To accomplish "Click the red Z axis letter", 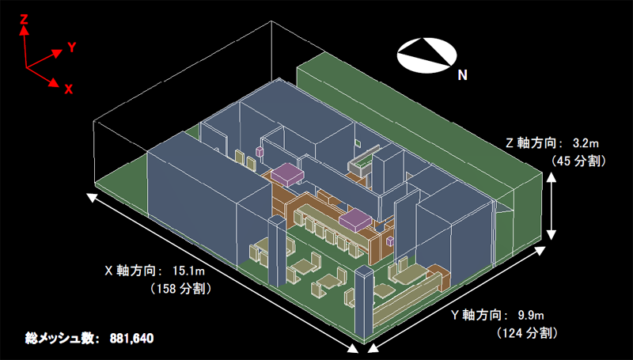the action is click(x=24, y=19).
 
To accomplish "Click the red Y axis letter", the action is click(x=72, y=47).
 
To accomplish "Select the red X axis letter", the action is click(x=69, y=89).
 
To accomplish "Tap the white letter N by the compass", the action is click(x=463, y=74).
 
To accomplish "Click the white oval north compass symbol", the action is click(x=426, y=55).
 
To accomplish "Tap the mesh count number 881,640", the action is click(x=131, y=338).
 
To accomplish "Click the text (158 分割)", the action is click(x=181, y=289).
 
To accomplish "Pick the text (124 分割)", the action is click(x=528, y=333).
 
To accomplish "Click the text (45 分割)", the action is click(x=578, y=161).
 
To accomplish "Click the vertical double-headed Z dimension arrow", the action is click(x=551, y=206).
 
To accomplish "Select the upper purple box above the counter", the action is click(x=287, y=174).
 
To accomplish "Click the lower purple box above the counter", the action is click(x=354, y=220).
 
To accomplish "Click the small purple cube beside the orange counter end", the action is click(x=390, y=241).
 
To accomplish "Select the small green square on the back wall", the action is click(x=358, y=142).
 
